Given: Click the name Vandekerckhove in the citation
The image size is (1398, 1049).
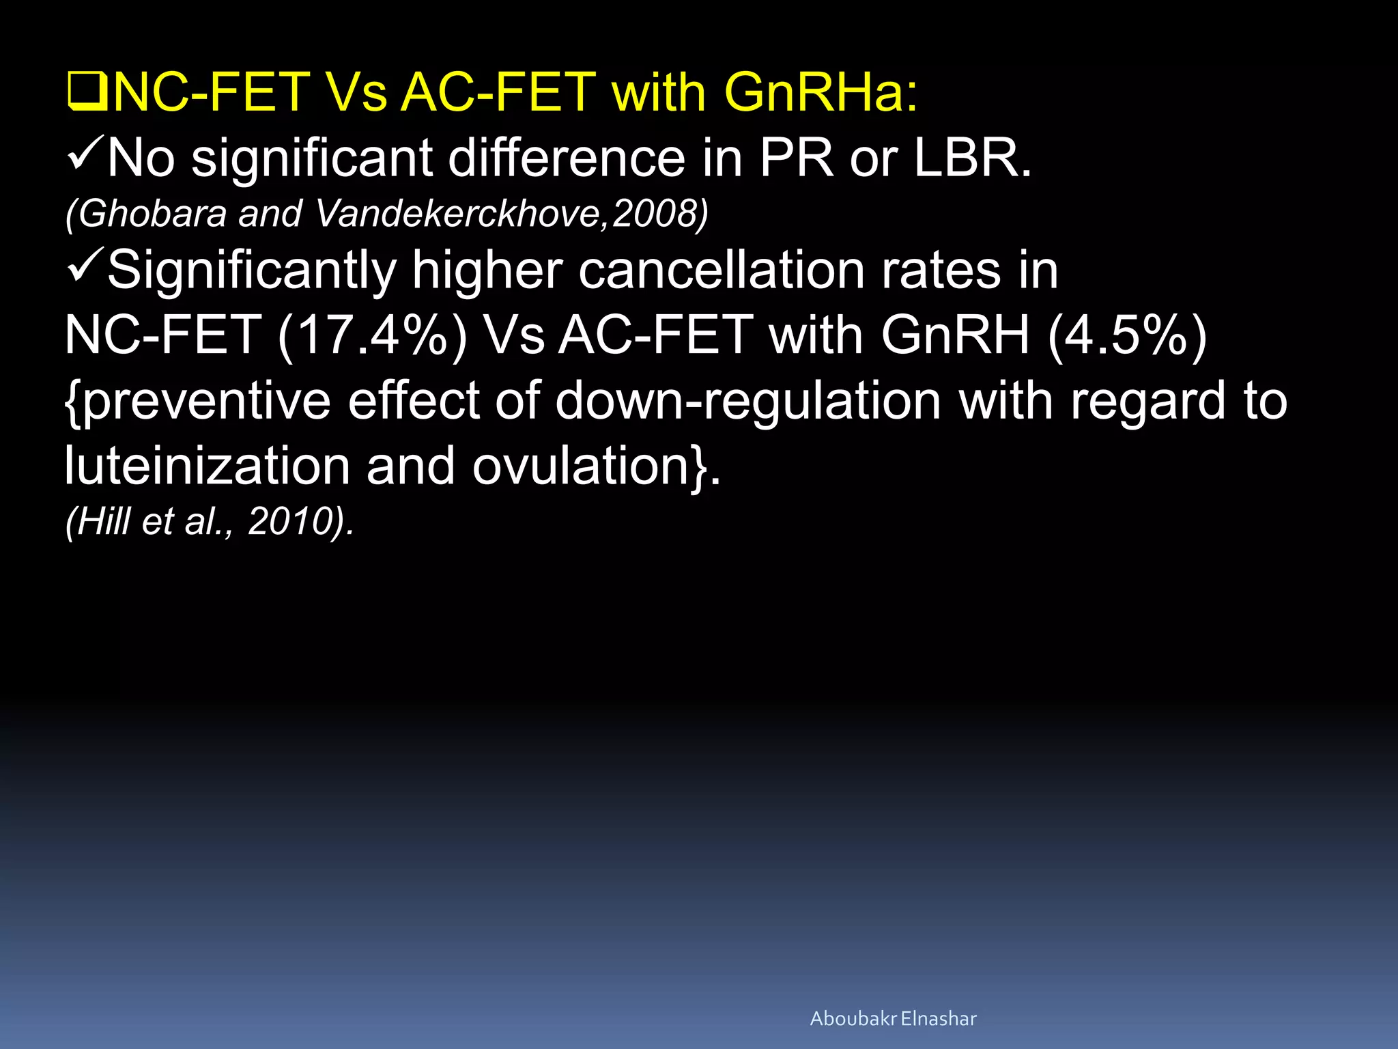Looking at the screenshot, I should (457, 213).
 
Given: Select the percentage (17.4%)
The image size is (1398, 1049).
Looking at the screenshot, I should (372, 336).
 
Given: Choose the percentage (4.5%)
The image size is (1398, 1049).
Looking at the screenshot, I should (1127, 336).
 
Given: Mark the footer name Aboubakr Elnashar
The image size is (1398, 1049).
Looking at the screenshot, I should (893, 1019).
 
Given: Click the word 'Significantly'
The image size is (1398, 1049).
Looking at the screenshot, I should (252, 270).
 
